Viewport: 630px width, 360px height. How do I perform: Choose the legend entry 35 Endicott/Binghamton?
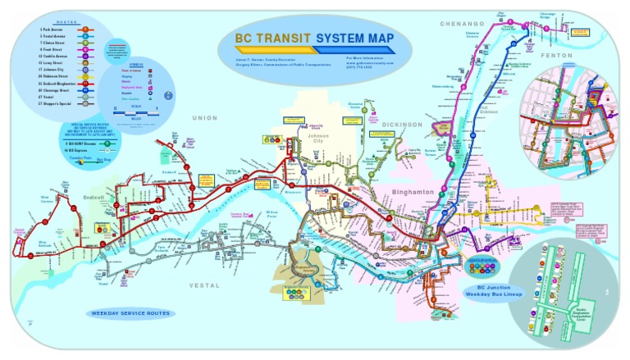click(x=59, y=83)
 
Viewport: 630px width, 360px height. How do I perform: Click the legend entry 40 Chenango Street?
click(x=57, y=90)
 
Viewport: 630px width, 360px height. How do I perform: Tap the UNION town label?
click(x=205, y=118)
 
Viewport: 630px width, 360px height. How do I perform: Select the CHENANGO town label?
click(x=463, y=24)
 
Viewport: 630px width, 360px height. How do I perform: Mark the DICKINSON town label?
click(x=402, y=125)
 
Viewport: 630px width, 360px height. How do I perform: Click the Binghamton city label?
click(x=413, y=191)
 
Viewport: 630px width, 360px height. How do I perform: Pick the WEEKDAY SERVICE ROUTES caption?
click(x=131, y=313)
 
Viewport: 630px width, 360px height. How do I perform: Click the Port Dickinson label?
click(x=489, y=109)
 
